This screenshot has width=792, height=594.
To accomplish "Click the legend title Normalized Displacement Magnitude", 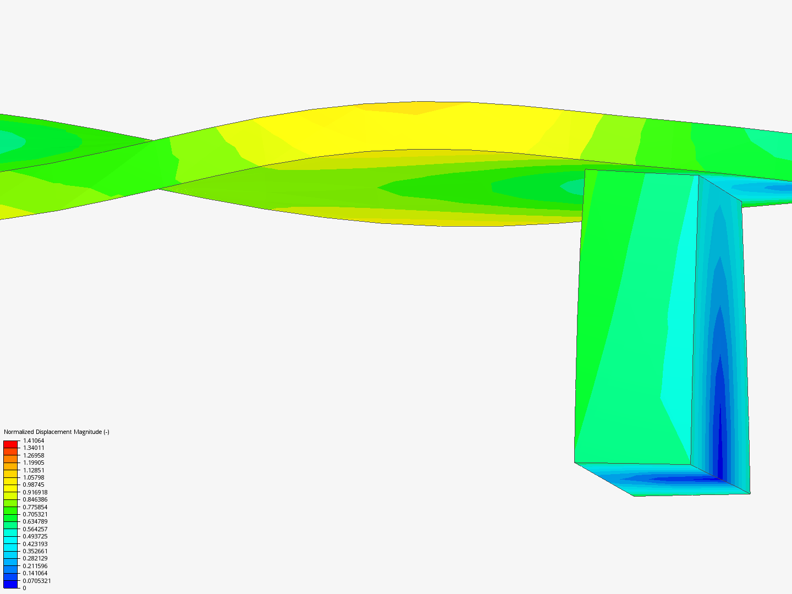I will click(56, 432).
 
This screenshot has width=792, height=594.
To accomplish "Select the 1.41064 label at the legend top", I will click(34, 441).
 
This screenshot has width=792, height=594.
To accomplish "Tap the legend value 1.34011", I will click(34, 448).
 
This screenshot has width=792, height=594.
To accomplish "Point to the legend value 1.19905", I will click(34, 463).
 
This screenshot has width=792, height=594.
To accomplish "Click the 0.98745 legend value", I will click(34, 485).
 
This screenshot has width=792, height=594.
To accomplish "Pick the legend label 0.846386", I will click(35, 499).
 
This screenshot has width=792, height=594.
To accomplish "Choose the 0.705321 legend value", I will click(35, 514).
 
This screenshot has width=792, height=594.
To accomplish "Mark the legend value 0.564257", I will click(35, 529).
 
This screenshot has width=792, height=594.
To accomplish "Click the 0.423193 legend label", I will click(35, 544).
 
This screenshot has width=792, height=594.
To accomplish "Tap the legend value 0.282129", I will click(35, 558).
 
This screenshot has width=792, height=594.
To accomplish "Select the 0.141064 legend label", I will click(35, 573).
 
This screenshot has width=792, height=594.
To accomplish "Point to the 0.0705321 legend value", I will click(36, 581).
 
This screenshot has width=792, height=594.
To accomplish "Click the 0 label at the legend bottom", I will click(24, 588).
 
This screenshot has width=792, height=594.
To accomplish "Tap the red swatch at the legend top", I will click(10, 444).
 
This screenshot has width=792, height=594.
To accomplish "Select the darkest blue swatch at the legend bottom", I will click(10, 584).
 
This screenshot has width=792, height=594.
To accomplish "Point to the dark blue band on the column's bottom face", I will click(676, 479).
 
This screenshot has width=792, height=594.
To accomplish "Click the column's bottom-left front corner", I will click(575, 462).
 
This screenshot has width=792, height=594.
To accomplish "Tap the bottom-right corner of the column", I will click(750, 493).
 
